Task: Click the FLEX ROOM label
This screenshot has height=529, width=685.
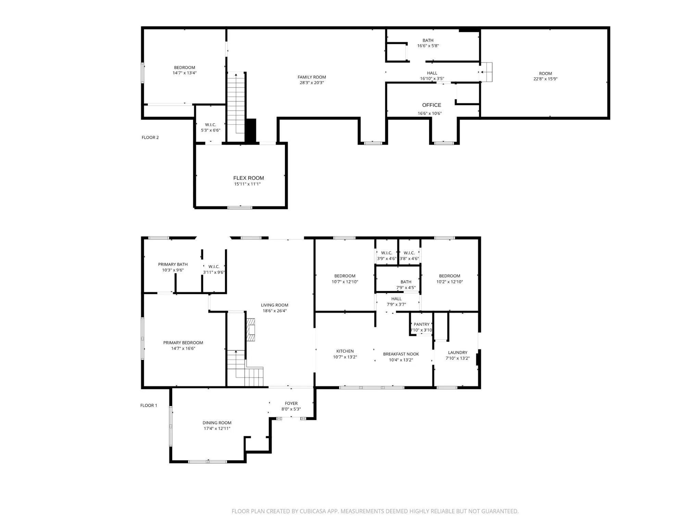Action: pyautogui.click(x=249, y=178)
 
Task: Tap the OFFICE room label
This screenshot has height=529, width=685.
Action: pyautogui.click(x=432, y=105)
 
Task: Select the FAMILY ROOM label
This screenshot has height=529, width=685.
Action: pyautogui.click(x=312, y=77)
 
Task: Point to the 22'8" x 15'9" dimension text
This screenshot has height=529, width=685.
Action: pyautogui.click(x=545, y=79)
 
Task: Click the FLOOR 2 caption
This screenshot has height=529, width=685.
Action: pyautogui.click(x=150, y=137)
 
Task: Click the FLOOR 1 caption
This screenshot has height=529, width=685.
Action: pyautogui.click(x=149, y=405)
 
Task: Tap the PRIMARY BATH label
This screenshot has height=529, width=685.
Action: pyautogui.click(x=173, y=264)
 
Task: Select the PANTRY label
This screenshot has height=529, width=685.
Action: pyautogui.click(x=421, y=324)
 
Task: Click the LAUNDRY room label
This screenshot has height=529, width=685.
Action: pyautogui.click(x=458, y=352)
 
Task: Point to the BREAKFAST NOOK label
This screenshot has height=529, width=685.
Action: pyautogui.click(x=401, y=354)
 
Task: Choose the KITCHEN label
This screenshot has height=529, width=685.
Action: pyautogui.click(x=345, y=351)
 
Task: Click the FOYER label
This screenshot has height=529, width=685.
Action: pyautogui.click(x=291, y=403)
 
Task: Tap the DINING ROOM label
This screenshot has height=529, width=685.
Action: pyautogui.click(x=217, y=423)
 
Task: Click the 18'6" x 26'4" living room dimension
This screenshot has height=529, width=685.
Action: pyautogui.click(x=275, y=311)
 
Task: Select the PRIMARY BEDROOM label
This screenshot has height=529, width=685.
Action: pyautogui.click(x=183, y=343)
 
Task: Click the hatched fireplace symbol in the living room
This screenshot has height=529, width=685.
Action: pyautogui.click(x=250, y=330)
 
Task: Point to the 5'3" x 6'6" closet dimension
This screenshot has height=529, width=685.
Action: pyautogui.click(x=211, y=130)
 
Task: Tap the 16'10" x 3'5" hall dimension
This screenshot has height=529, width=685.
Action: pyautogui.click(x=432, y=79)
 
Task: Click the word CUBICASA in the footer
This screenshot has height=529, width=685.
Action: pyautogui.click(x=313, y=511)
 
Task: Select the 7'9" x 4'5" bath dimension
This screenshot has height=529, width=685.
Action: pyautogui.click(x=406, y=288)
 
